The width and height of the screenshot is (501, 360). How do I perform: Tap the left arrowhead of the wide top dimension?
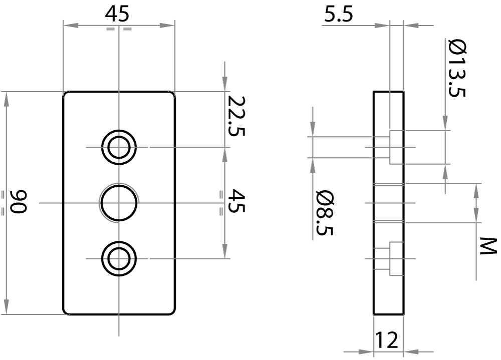tap(71, 25)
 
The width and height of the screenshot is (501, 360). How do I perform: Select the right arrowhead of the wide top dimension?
tap(167, 25)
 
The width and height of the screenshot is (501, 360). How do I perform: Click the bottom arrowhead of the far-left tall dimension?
tap(6, 306)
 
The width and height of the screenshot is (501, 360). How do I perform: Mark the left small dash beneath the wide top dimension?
tap(111, 29)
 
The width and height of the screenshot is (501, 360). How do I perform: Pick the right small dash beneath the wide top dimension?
tap(128, 29)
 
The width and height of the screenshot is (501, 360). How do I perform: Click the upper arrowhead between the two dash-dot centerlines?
tap(225, 156)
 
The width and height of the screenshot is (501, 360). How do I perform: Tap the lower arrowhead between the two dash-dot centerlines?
tap(225, 251)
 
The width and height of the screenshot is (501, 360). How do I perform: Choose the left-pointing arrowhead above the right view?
tap(411, 25)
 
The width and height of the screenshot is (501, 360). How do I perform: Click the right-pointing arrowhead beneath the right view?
tap(366, 352)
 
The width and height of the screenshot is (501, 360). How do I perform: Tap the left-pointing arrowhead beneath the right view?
tap(411, 352)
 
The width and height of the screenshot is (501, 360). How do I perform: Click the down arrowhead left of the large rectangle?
tap(313, 128)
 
